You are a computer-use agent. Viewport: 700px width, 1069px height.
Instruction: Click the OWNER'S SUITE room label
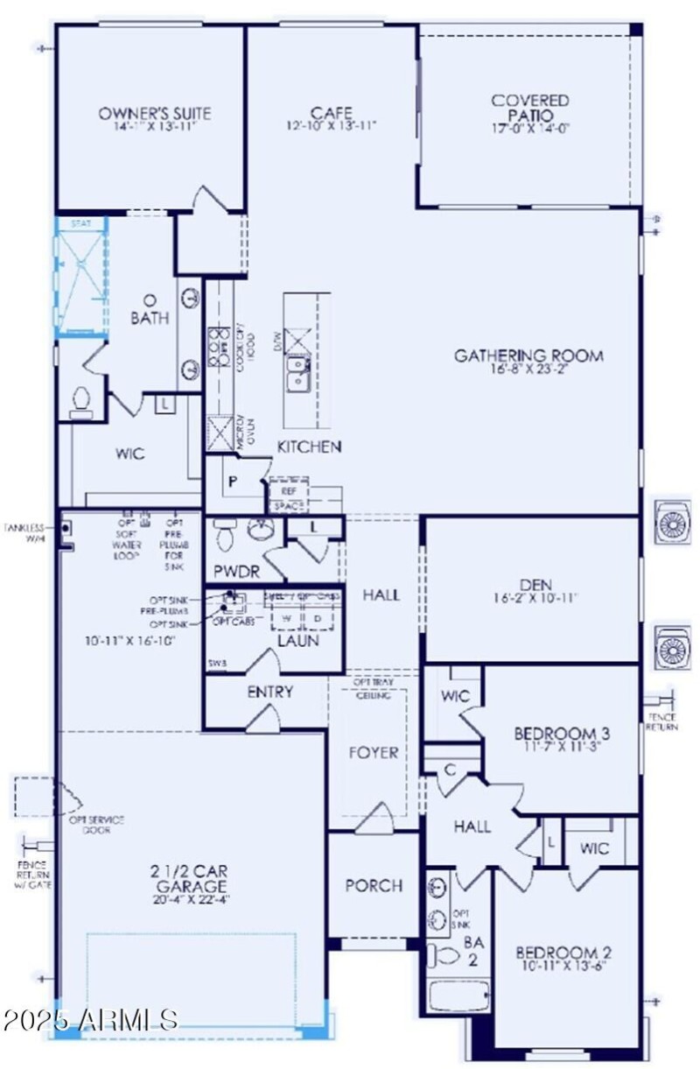(x=155, y=114)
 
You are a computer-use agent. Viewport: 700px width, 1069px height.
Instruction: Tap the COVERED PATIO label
(x=529, y=108)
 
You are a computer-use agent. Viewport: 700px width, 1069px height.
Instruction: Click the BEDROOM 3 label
(x=561, y=733)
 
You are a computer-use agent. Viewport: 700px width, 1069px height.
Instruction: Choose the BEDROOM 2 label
(x=562, y=953)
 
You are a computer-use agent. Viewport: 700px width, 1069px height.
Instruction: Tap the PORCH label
(x=374, y=886)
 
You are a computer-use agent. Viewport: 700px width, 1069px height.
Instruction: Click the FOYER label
(x=373, y=752)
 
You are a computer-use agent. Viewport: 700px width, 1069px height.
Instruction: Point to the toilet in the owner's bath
(x=81, y=403)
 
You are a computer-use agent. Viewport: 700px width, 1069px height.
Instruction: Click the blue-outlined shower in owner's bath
(x=81, y=278)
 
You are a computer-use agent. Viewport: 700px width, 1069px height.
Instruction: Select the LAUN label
(x=297, y=640)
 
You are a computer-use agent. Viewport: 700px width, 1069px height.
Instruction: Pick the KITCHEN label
(x=309, y=447)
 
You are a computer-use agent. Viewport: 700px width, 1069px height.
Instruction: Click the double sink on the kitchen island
(x=299, y=371)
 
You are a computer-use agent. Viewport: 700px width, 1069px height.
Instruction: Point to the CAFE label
(x=332, y=114)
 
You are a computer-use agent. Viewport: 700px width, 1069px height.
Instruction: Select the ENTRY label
(x=269, y=692)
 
